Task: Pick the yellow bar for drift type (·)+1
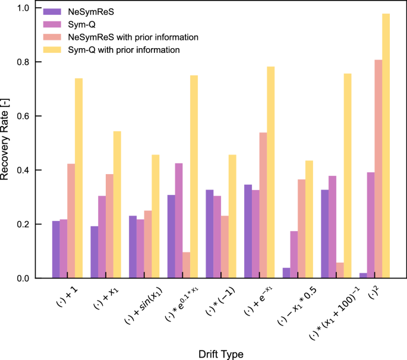point(79,178)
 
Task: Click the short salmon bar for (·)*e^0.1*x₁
point(185,265)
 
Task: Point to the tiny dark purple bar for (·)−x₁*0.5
point(286,273)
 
